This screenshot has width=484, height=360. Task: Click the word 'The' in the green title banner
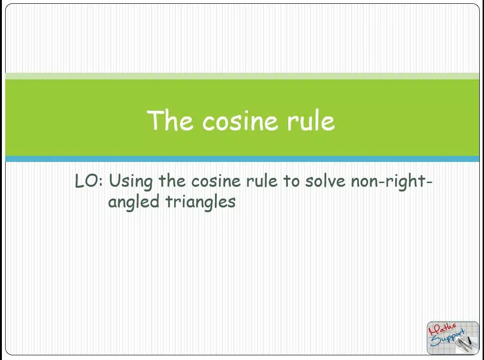click(x=170, y=120)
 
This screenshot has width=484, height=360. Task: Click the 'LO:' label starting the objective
click(x=89, y=181)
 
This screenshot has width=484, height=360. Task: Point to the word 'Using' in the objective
click(x=131, y=182)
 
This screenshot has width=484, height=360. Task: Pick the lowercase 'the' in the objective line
click(x=172, y=181)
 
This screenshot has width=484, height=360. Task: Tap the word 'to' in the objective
click(x=292, y=181)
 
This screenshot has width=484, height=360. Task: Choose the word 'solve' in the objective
click(x=325, y=181)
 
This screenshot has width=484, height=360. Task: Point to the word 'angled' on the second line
click(x=134, y=202)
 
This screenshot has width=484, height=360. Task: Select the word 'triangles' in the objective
click(x=200, y=202)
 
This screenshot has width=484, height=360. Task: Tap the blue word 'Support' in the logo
click(x=447, y=338)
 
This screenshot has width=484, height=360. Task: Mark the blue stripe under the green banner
click(x=242, y=159)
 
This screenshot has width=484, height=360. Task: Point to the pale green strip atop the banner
click(x=242, y=76)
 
